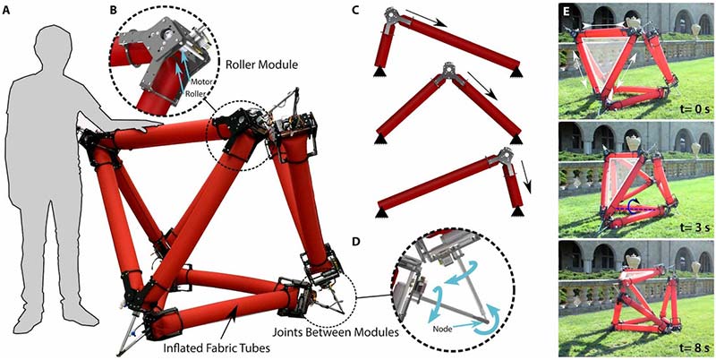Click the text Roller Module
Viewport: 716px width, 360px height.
click(261, 64)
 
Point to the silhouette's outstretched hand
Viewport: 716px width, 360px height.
click(150, 125)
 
